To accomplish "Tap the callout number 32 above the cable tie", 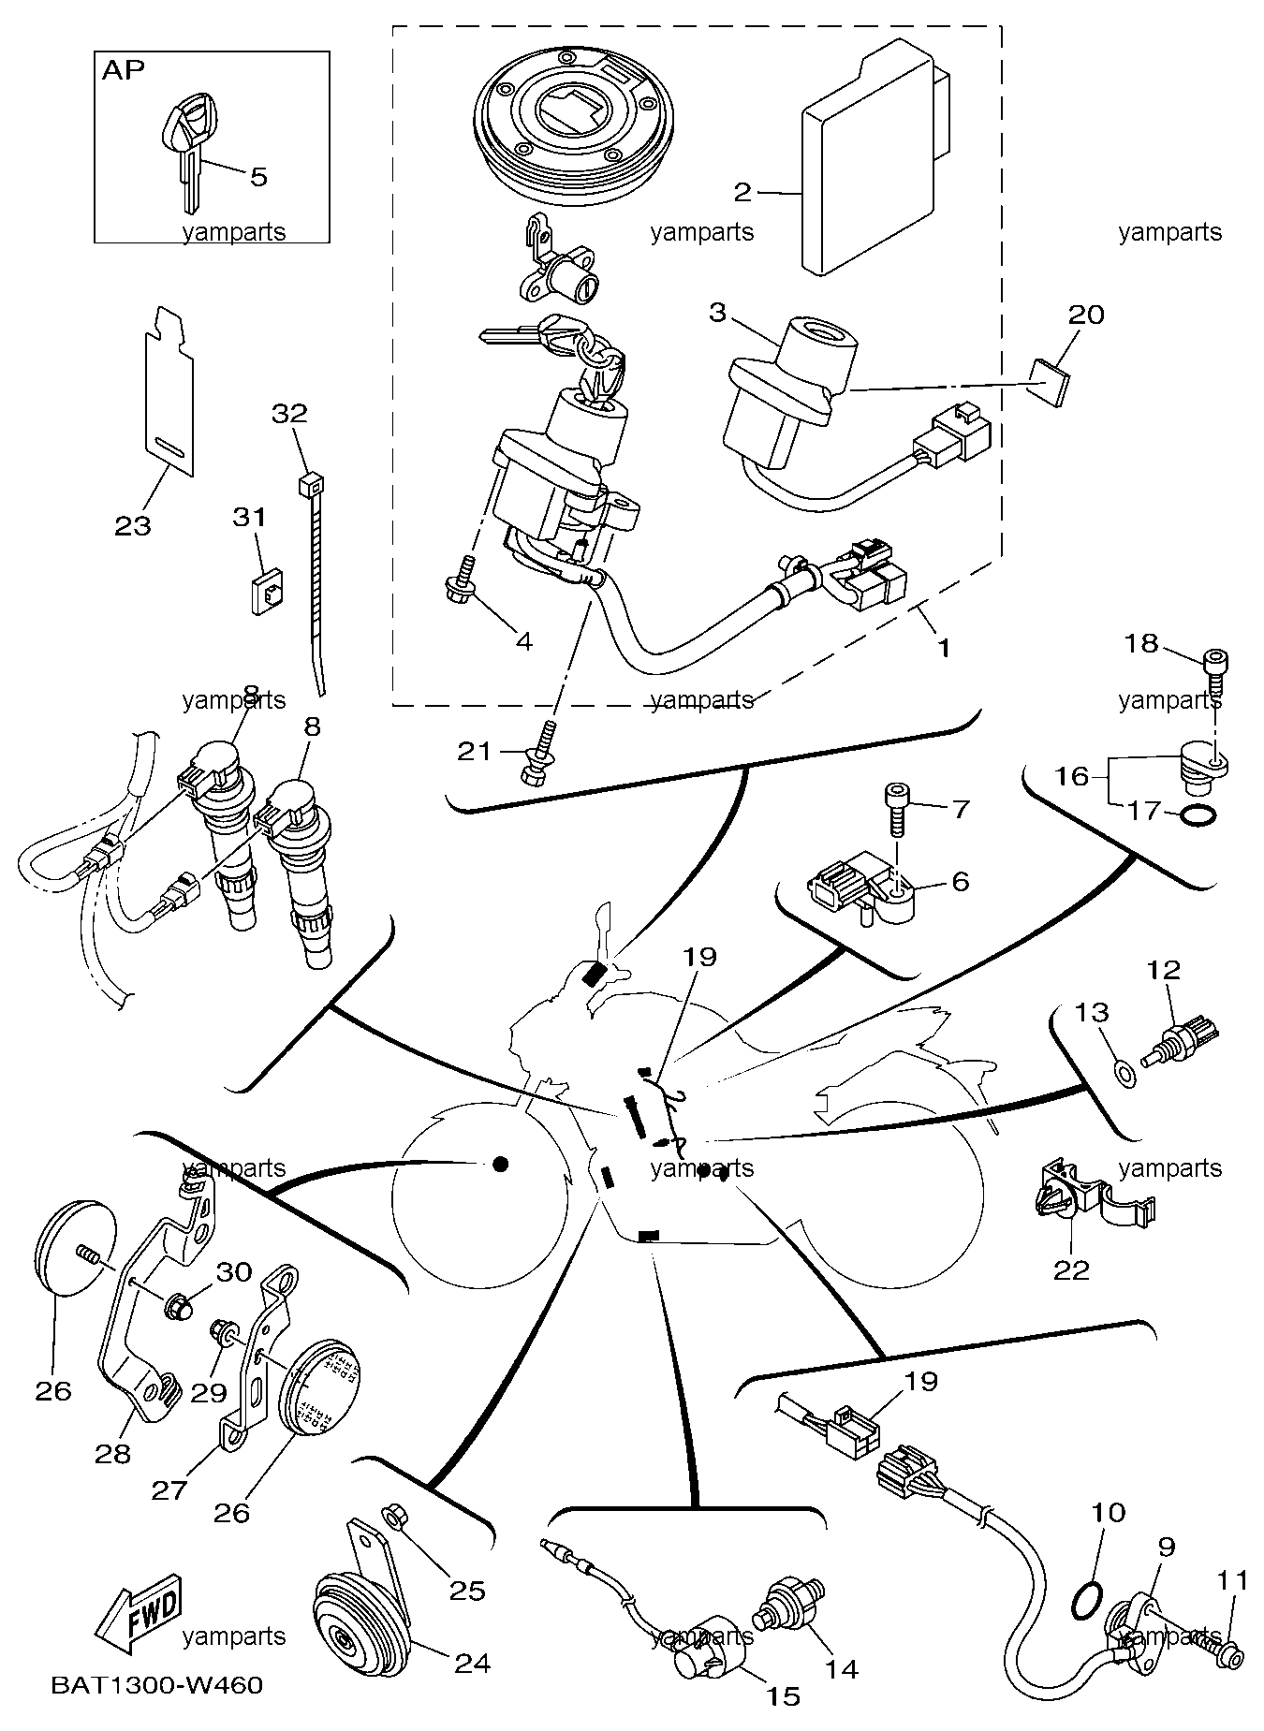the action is (x=289, y=413).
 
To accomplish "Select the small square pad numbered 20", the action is (x=1048, y=381).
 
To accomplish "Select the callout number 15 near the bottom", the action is (x=785, y=1695).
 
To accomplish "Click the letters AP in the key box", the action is (x=123, y=70).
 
